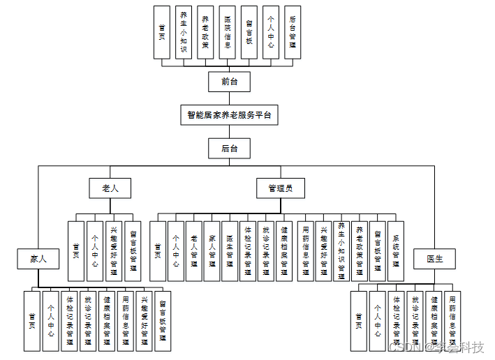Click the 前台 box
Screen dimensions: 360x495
(229, 82)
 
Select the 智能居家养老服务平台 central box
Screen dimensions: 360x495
(229, 115)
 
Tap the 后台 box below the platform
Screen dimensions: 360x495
(229, 148)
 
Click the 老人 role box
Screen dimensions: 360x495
(111, 188)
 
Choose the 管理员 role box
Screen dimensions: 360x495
(280, 188)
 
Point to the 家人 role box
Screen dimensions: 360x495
(38, 259)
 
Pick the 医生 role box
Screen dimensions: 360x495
(434, 259)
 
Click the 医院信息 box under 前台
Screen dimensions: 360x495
(227, 32)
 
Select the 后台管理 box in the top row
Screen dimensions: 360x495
(293, 32)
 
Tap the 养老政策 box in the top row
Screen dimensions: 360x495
(205, 32)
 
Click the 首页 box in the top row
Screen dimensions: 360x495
(162, 32)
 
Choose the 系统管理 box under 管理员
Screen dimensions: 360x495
(396, 250)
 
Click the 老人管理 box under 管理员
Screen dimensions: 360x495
(195, 250)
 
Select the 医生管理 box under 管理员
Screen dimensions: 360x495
(230, 250)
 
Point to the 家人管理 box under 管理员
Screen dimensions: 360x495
(212, 250)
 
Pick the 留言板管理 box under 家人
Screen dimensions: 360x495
(163, 320)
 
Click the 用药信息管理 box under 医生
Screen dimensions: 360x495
(452, 320)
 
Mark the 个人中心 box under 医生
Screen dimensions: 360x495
(378, 320)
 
